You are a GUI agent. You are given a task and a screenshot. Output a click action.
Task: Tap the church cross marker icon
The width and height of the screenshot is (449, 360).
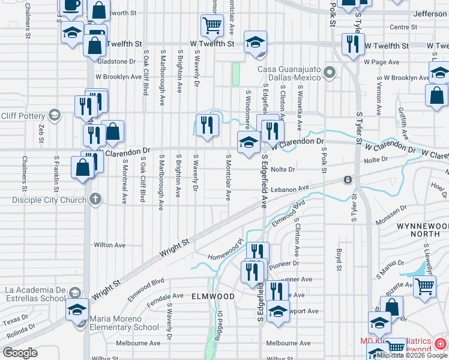pos(95,199)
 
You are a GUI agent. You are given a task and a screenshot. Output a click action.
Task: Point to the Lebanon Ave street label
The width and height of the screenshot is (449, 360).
pos(289,188)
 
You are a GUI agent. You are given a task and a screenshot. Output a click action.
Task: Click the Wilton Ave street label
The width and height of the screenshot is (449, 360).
pos(110,245)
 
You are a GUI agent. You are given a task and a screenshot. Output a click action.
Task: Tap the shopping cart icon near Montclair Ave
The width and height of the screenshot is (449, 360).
pos(211,25)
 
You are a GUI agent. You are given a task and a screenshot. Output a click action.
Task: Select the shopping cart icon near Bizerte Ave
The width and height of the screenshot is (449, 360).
pos(424,286)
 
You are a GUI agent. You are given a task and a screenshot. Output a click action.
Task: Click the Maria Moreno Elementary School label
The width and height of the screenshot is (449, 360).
pos(124,323)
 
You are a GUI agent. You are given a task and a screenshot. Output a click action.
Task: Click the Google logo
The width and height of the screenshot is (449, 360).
pos(20,352)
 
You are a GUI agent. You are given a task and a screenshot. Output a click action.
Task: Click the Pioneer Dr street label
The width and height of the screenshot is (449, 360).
pos(284,263)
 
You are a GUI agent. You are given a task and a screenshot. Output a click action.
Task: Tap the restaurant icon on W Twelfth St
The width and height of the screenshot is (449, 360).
pos(352,43)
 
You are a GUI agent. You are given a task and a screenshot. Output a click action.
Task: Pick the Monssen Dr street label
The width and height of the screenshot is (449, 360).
pos(392,213)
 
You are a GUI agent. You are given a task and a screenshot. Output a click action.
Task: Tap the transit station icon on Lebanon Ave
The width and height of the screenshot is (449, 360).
pos(347,180)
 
